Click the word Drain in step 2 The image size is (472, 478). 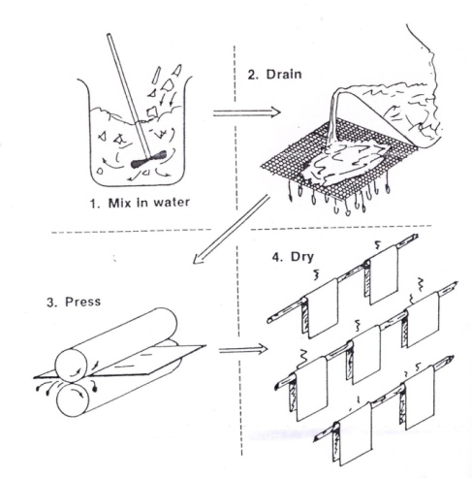pos(284,75)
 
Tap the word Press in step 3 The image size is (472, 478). pos(82,302)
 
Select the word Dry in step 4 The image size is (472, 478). pos(301,258)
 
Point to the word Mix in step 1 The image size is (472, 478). pos(119,203)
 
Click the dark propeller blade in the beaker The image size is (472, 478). pos(149,160)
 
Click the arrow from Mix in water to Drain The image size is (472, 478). pos(247,112)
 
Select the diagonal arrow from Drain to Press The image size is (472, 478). pos(231,229)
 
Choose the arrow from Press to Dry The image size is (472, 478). pos(243,349)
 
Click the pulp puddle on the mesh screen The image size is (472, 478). pos(347,162)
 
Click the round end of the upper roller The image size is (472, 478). pos(71,365)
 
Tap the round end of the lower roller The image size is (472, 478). pos(73,399)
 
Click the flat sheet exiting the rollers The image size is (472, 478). pos(147,360)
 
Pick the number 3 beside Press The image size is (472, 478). pos(51,303)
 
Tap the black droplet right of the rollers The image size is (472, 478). pos(95,388)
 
